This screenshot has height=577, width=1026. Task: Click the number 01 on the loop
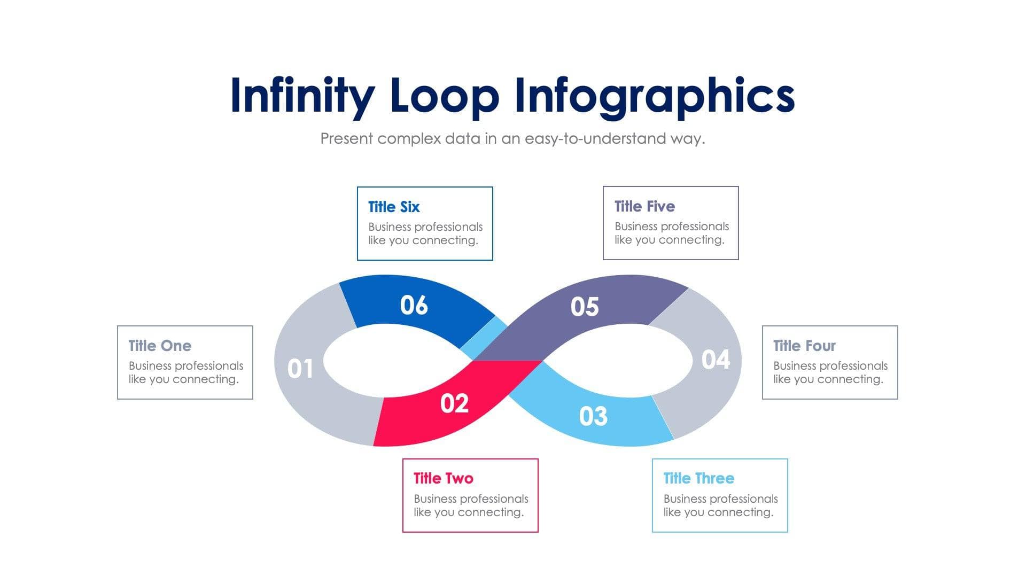click(300, 369)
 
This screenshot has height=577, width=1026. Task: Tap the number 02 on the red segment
click(454, 403)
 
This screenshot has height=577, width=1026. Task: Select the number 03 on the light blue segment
click(593, 416)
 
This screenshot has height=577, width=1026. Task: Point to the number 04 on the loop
click(716, 360)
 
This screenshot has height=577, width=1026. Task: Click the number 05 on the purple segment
click(585, 307)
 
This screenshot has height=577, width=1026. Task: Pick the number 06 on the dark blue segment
click(414, 305)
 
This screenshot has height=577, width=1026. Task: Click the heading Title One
click(160, 346)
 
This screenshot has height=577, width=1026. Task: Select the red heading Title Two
click(443, 478)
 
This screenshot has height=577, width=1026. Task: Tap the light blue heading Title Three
click(698, 478)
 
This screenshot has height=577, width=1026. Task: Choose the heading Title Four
click(804, 346)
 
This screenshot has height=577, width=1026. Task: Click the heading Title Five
click(644, 206)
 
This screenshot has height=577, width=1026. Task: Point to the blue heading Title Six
click(394, 207)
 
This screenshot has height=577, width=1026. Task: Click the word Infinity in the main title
click(302, 96)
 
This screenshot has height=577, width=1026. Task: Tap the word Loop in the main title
click(445, 96)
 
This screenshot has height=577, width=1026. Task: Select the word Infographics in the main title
click(654, 96)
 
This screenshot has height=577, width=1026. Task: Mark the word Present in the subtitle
click(346, 139)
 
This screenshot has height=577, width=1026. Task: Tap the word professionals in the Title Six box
click(450, 227)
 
